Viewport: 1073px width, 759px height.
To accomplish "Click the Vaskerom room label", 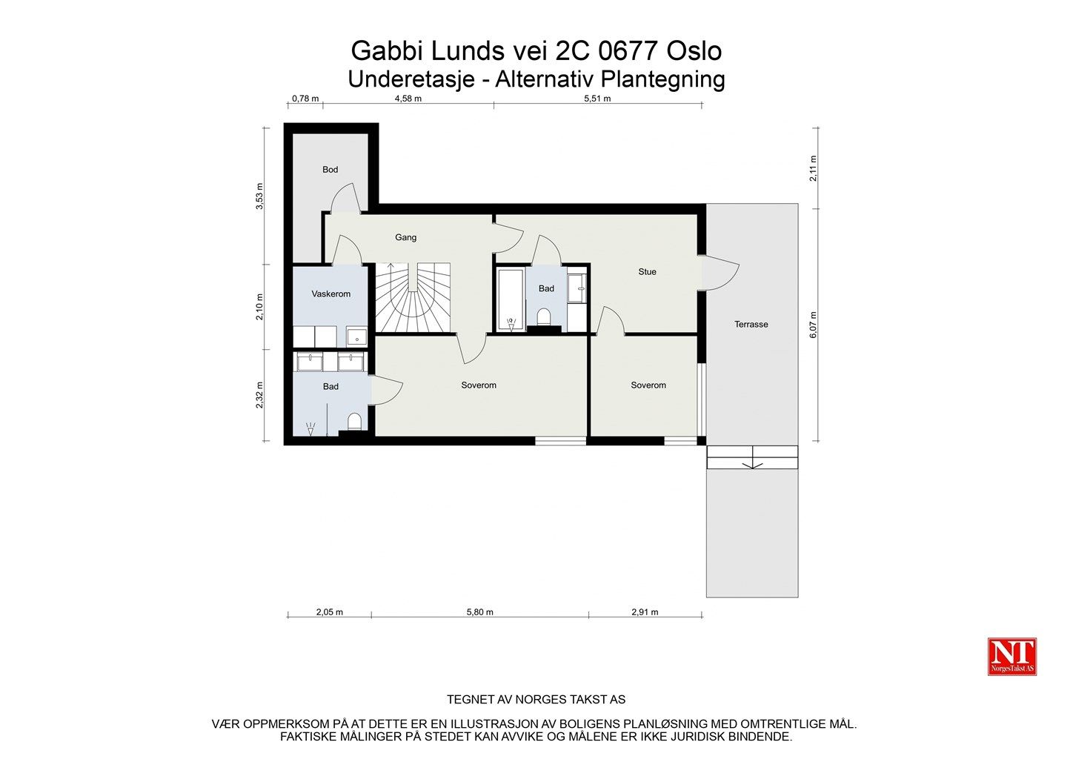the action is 330,294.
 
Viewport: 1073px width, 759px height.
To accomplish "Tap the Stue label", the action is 647,272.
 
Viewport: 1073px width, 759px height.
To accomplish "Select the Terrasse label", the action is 751,325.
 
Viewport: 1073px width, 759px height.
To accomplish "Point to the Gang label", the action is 406,237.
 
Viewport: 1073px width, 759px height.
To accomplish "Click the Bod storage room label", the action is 330,170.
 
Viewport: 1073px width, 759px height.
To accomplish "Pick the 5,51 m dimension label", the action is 597,99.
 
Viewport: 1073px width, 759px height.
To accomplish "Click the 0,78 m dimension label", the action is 305,99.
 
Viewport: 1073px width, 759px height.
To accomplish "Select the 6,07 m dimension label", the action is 813,325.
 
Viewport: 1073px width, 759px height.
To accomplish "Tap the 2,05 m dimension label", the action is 329,612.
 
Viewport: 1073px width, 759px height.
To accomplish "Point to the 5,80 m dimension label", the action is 479,612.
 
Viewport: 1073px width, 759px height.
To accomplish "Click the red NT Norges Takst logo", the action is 1011,657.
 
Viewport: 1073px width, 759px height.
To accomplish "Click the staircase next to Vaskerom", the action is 413,297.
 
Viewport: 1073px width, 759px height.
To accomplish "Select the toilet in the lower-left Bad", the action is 354,422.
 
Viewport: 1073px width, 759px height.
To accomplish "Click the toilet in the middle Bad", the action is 543,317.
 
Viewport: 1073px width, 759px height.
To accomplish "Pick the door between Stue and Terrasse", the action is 720,273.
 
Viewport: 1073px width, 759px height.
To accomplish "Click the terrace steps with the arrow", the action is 752,457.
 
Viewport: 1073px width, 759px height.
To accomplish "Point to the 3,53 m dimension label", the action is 259,196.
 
